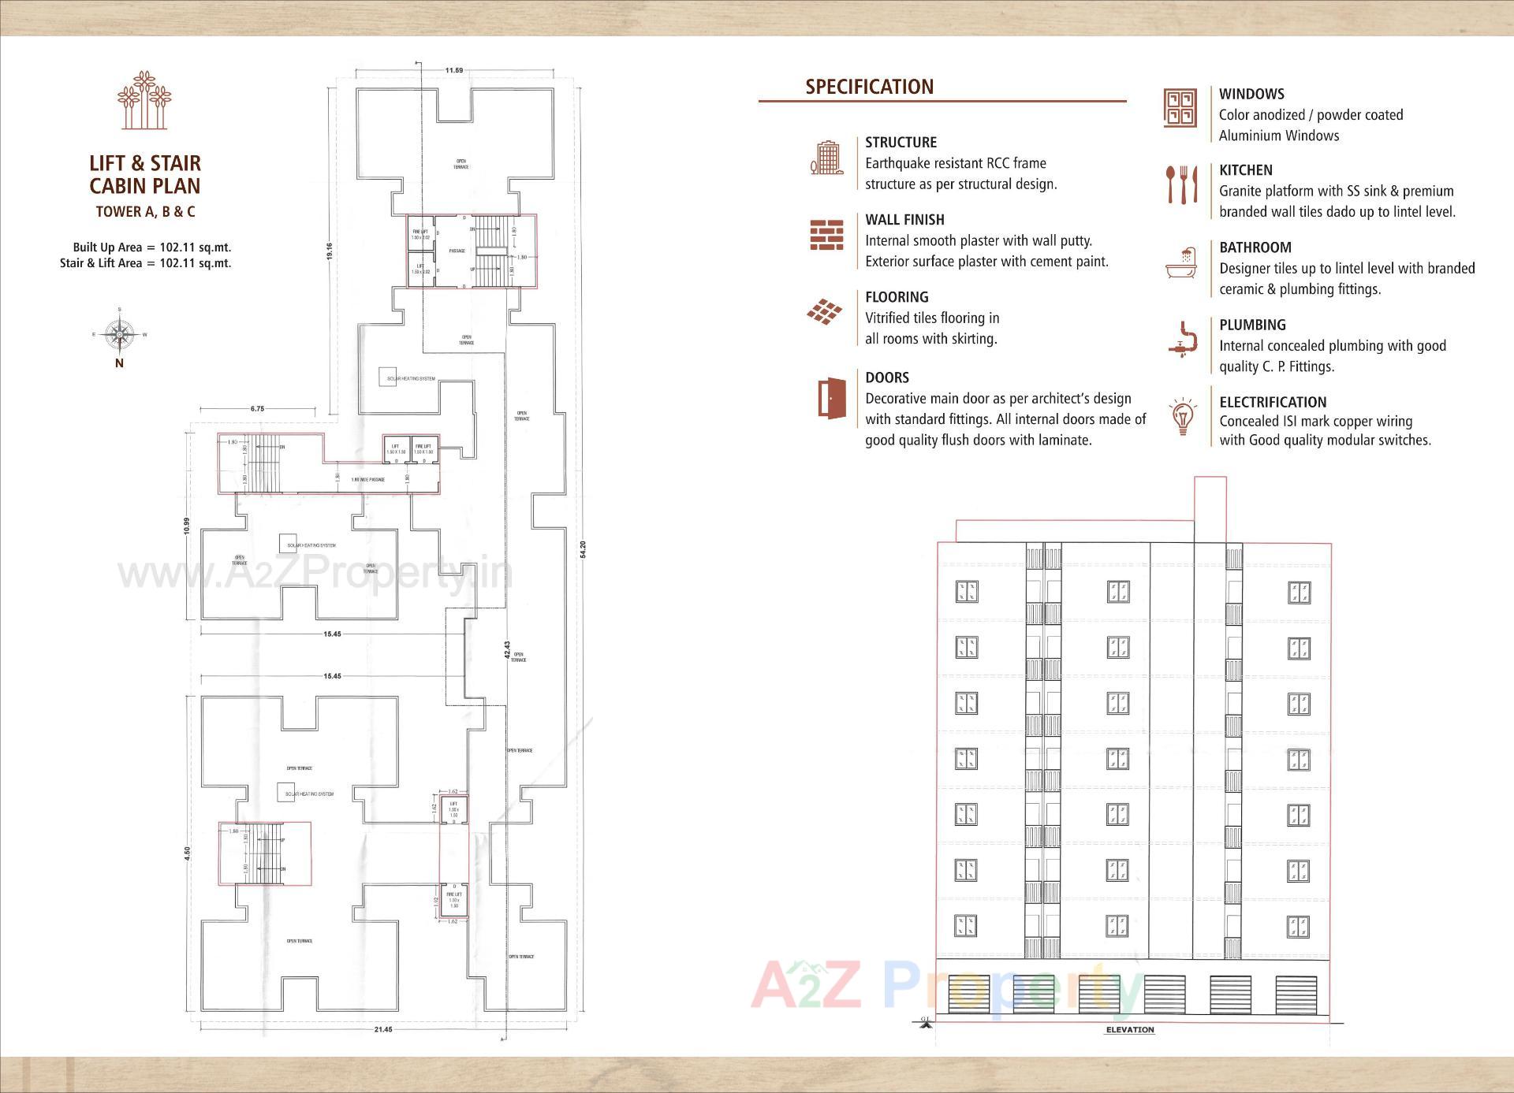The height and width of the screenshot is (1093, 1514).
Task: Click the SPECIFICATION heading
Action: click(869, 87)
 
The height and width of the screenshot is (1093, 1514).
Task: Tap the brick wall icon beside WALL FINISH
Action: click(826, 235)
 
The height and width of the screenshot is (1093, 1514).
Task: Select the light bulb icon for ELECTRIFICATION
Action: click(1182, 417)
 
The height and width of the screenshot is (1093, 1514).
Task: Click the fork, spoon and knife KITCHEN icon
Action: click(1182, 184)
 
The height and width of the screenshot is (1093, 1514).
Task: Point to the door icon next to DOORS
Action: click(831, 398)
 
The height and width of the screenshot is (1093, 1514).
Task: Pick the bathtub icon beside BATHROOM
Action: click(1181, 263)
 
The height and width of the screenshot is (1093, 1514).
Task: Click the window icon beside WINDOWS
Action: click(1180, 108)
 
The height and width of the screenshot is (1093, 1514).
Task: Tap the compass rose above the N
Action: click(119, 335)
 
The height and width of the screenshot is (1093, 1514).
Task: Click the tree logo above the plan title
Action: click(144, 100)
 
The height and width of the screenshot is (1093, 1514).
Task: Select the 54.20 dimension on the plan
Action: click(583, 549)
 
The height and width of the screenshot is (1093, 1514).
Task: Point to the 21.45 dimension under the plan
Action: click(382, 1030)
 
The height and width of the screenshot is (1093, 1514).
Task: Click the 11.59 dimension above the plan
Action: click(453, 71)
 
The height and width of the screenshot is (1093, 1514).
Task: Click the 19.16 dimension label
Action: click(330, 251)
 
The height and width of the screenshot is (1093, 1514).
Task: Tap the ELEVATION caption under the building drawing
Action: click(1129, 1030)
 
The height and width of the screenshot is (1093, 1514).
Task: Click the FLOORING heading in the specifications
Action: click(897, 297)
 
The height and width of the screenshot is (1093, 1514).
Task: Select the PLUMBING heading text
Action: click(1252, 325)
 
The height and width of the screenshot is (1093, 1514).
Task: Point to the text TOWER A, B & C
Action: click(145, 211)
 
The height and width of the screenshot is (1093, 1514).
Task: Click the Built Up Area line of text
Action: click(151, 247)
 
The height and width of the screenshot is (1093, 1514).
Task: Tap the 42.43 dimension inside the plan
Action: click(507, 653)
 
